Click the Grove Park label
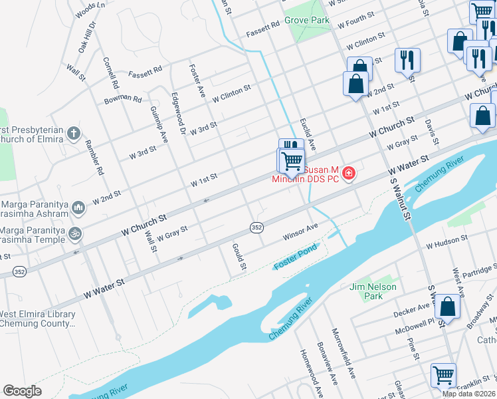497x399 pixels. (x=307, y=21)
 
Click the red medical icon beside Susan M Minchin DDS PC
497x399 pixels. (x=349, y=174)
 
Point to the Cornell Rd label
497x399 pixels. (x=110, y=73)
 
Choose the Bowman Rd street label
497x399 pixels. (x=123, y=100)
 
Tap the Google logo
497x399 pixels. (x=22, y=391)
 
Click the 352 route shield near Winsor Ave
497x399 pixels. (x=256, y=227)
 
